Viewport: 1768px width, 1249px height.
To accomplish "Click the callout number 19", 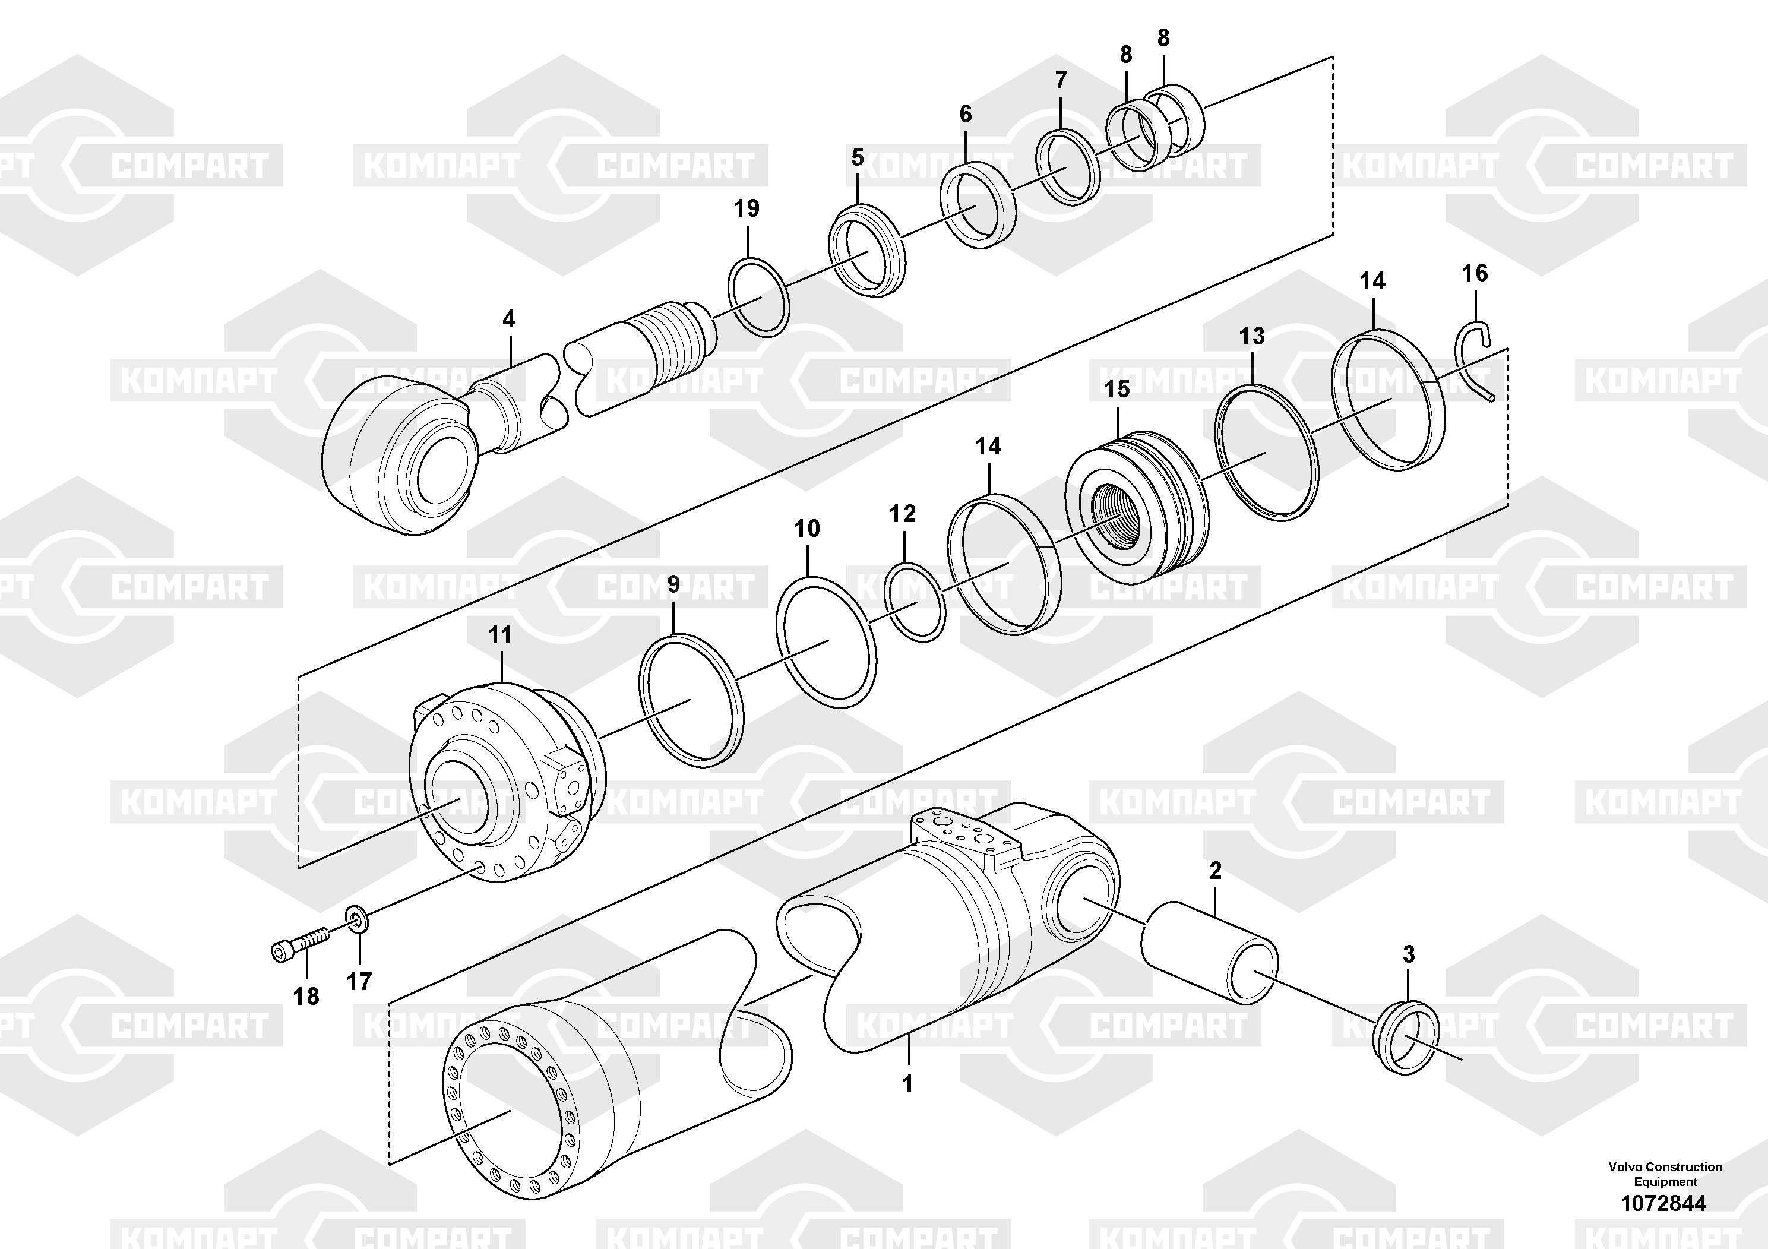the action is (x=746, y=208).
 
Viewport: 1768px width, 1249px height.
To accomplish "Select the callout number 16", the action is (x=1475, y=273).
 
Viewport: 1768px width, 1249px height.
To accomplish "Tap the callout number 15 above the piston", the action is (x=1117, y=389).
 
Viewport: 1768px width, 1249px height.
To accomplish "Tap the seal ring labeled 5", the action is (x=866, y=250).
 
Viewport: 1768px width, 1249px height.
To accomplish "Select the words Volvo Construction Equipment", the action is (x=1665, y=1174).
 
